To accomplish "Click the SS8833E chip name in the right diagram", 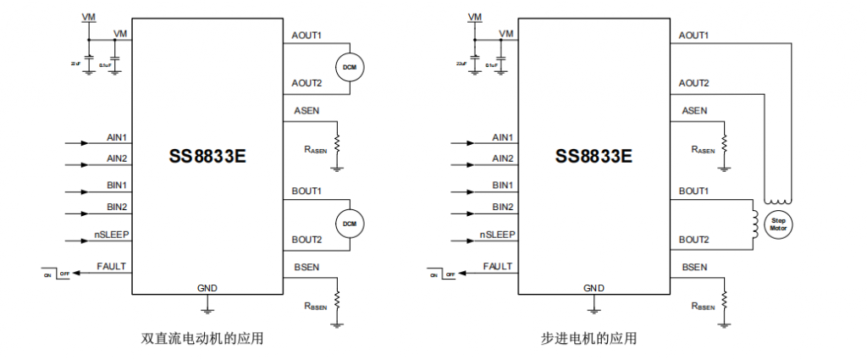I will (594, 157).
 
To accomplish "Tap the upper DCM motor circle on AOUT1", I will (349, 67).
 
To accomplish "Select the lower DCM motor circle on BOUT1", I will (349, 223).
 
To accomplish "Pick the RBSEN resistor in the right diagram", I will (725, 300).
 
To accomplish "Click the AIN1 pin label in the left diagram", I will (117, 137).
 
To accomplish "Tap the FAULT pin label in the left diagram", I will (112, 266).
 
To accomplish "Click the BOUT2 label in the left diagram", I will (306, 240).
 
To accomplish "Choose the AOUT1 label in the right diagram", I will (694, 36).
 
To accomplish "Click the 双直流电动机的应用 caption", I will (202, 339).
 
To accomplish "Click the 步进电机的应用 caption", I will (588, 339).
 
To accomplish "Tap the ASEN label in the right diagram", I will (694, 111).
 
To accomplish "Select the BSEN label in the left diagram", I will (306, 268).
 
